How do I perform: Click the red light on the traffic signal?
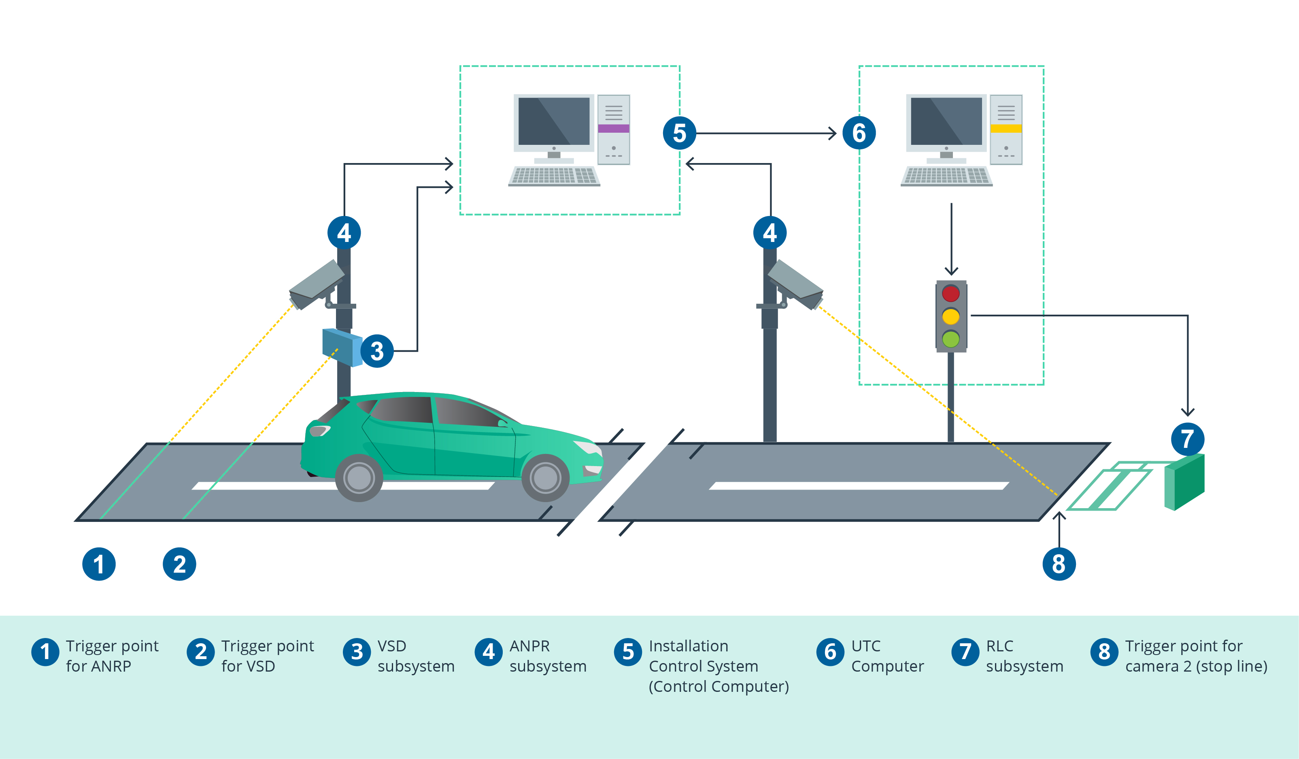950,294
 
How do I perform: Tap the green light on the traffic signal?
950,339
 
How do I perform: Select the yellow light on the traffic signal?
950,316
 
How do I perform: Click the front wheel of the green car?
545,478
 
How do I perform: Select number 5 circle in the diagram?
679,134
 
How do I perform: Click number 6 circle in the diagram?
859,134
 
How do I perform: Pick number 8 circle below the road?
1059,564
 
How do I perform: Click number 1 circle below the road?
99,564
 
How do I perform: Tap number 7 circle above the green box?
1188,439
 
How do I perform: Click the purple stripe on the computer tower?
613,129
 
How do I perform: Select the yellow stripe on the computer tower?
1006,129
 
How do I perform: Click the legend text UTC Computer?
887,656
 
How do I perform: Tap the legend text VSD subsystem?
415,656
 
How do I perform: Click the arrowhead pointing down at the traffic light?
951,271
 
